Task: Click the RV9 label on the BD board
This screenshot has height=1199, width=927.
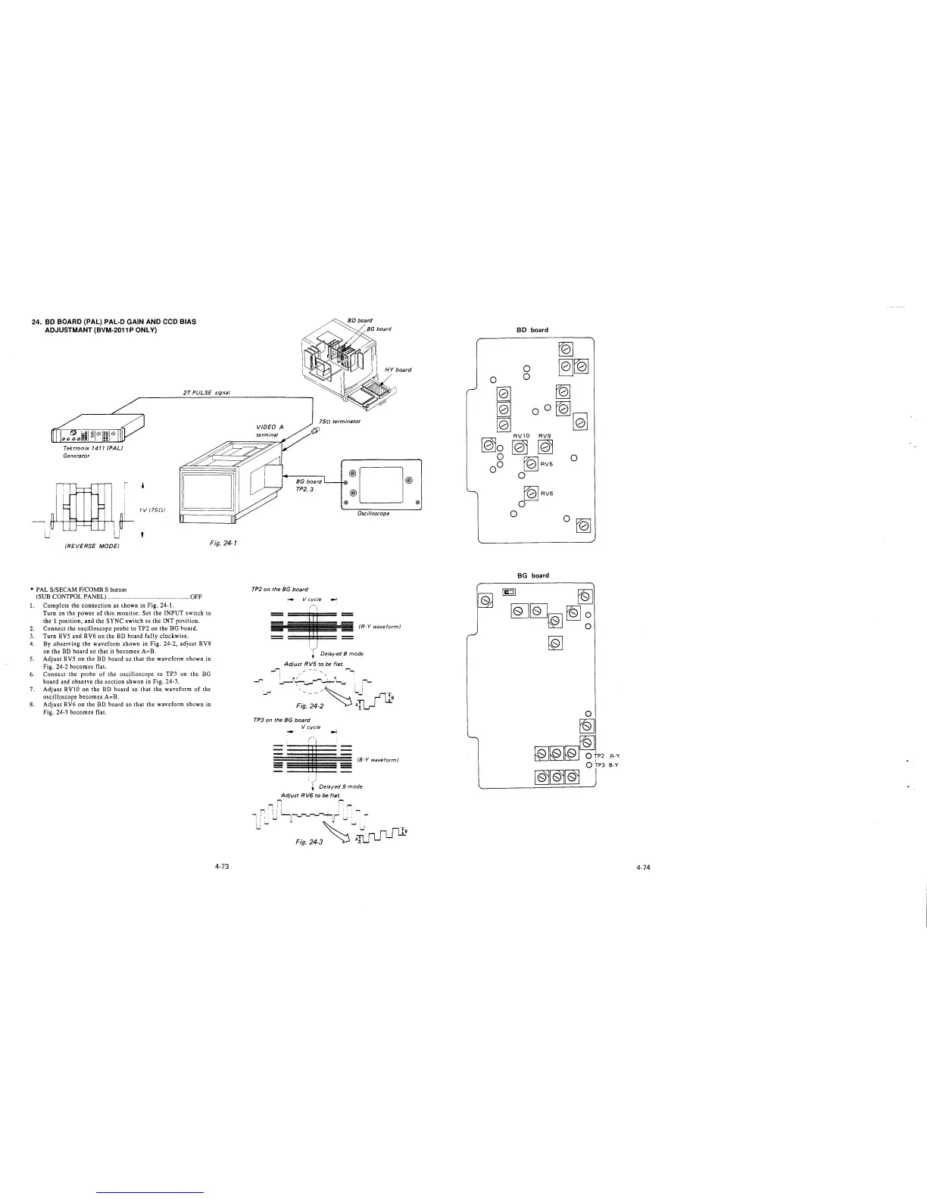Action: tap(545, 435)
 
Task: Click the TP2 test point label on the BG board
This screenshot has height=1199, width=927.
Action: tap(599, 755)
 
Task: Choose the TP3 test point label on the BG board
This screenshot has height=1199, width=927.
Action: tap(599, 765)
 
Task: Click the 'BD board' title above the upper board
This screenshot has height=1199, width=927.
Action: tap(532, 330)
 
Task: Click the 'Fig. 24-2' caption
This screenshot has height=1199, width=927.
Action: tap(311, 705)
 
